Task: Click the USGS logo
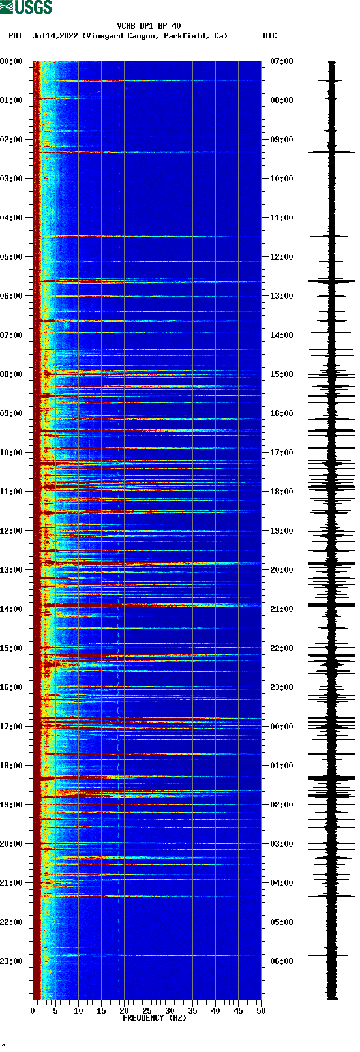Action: click(26, 7)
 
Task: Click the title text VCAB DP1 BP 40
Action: click(149, 26)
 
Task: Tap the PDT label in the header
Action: click(15, 36)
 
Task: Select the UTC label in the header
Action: click(269, 36)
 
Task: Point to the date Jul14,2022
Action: click(55, 36)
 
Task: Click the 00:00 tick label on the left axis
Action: click(12, 61)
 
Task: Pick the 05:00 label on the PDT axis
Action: click(12, 257)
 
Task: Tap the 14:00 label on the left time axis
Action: click(12, 609)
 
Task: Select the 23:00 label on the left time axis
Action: click(12, 961)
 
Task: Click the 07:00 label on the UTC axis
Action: click(282, 61)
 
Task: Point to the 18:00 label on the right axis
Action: click(282, 492)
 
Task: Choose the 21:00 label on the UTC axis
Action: click(282, 609)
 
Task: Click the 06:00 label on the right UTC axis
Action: click(282, 961)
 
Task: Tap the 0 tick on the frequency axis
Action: click(33, 1011)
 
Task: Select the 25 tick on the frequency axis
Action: click(147, 1011)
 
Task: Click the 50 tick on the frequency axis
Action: click(261, 1011)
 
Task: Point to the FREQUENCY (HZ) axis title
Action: click(155, 1018)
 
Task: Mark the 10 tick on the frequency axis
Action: click(78, 1011)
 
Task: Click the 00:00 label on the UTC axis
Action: click(282, 727)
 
